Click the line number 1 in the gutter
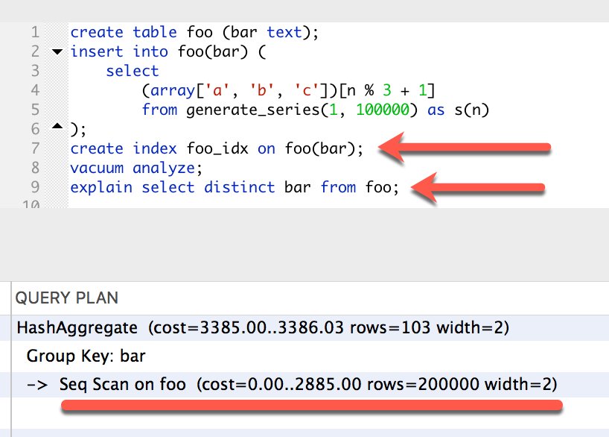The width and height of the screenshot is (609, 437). pos(35,32)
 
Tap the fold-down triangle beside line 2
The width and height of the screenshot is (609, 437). pos(57,51)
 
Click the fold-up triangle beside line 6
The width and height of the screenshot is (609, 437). pos(57,126)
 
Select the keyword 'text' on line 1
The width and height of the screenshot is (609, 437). pos(284,32)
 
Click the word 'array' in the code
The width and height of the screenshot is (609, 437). pos(173,91)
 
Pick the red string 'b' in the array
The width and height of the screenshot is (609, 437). pos(261,90)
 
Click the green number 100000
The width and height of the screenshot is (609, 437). pos(383,110)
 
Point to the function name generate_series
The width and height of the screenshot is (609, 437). pos(253,110)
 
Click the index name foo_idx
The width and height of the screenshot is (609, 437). pos(217,149)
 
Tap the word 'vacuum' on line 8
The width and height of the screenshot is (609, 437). pos(97,168)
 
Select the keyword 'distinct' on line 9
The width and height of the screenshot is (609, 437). pos(239,187)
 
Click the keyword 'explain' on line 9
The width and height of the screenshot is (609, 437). pos(101,188)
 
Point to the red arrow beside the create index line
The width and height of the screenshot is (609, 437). pos(464,147)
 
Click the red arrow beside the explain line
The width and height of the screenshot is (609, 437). pos(478,188)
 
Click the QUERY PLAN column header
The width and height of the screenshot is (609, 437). pos(67,298)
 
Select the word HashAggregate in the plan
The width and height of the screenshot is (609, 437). pos(77,327)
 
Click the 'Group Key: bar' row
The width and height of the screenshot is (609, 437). pos(86,356)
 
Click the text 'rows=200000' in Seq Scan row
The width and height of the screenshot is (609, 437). pos(423,384)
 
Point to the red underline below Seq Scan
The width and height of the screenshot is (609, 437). pos(312,406)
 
